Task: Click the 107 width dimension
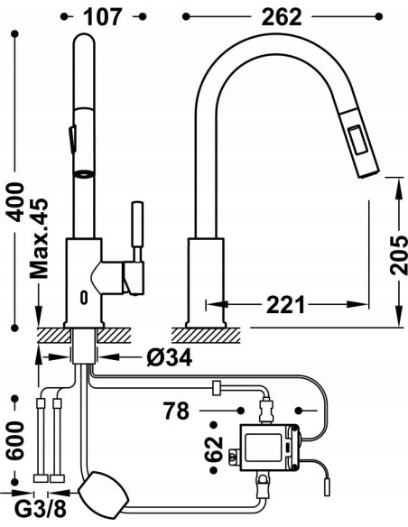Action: coord(103,16)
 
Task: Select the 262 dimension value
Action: coord(282,16)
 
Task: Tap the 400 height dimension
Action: coord(15,201)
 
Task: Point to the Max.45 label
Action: coord(39,238)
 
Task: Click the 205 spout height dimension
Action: coord(399,254)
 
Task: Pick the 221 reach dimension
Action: coord(285,304)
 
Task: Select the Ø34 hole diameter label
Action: coord(170,357)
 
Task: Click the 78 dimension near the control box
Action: coord(177,411)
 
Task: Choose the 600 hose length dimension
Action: coord(15,440)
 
